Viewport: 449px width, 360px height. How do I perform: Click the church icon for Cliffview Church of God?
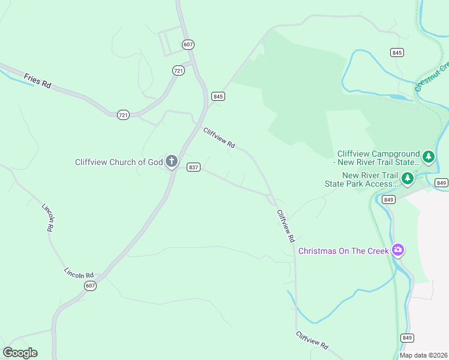[172, 161]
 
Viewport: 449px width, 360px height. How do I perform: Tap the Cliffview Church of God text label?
[119, 162]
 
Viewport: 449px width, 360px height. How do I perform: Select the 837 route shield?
[193, 167]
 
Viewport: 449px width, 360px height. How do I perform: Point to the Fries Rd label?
[37, 81]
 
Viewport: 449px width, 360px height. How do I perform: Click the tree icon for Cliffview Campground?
[428, 157]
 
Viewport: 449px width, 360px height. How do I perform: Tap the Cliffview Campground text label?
[378, 158]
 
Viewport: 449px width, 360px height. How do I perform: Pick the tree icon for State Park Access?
[408, 178]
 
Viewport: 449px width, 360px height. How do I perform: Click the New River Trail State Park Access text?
[362, 179]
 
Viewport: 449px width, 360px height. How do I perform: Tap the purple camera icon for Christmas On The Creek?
[397, 250]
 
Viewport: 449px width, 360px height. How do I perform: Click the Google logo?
[20, 352]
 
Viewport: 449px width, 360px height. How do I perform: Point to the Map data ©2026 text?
[423, 355]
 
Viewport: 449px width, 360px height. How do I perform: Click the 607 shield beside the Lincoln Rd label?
[89, 286]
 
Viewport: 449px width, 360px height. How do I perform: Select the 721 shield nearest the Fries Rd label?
[123, 115]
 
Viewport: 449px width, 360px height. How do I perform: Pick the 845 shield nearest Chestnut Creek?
[396, 53]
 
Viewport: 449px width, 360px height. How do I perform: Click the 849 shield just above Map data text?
[407, 338]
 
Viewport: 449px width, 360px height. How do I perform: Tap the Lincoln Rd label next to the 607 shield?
[79, 272]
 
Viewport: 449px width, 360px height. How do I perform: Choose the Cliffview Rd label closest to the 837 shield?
[218, 139]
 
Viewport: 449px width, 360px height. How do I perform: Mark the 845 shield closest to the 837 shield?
[218, 96]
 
